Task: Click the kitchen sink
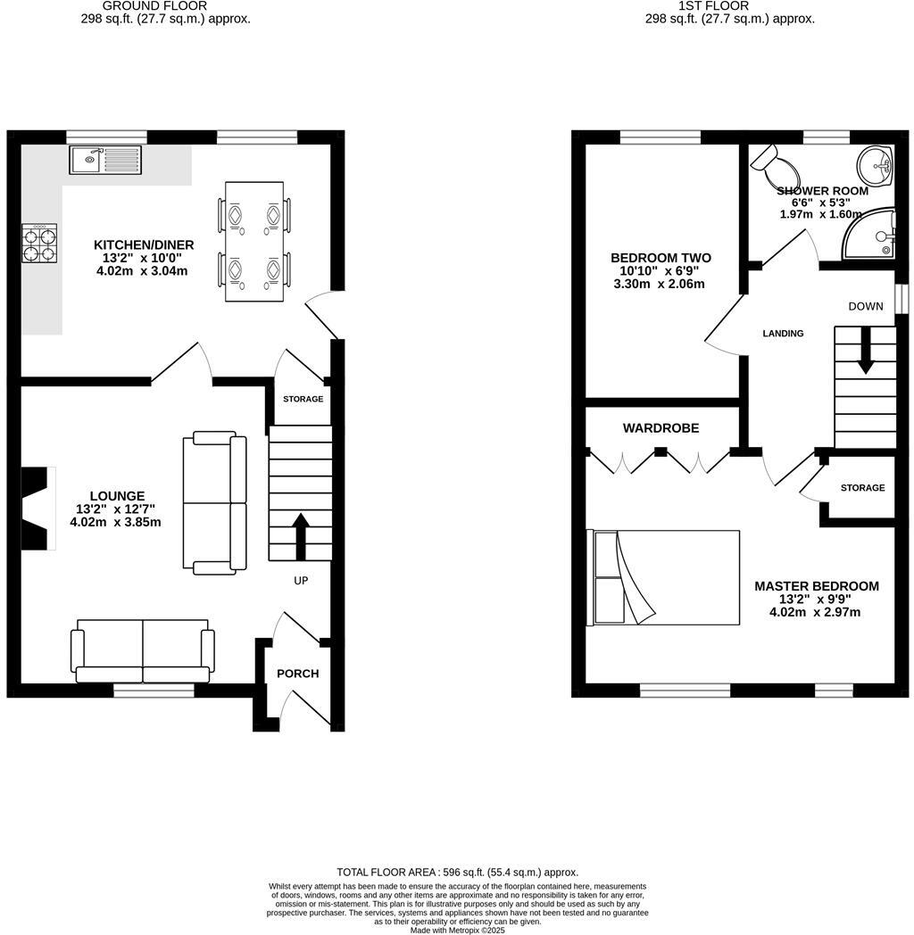(106, 161)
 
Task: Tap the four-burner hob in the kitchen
(39, 243)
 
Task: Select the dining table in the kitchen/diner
(255, 241)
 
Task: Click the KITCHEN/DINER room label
(144, 245)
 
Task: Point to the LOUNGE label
(117, 496)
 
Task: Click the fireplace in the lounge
(37, 508)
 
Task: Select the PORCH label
(297, 674)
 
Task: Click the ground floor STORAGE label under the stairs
(303, 399)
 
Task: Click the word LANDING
(783, 334)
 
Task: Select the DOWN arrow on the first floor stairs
(865, 352)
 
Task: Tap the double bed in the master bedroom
(663, 577)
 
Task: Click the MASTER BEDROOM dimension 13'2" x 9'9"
(816, 600)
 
